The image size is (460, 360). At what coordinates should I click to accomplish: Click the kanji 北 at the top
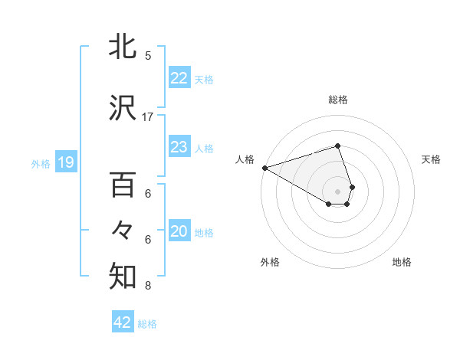(x=123, y=47)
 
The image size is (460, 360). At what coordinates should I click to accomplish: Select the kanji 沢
(x=123, y=109)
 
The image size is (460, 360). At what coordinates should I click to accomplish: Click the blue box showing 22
(x=179, y=78)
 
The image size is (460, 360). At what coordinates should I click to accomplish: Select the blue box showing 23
(x=179, y=147)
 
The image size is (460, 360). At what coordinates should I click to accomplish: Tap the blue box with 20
(x=179, y=232)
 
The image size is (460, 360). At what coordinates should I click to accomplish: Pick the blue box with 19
(x=65, y=162)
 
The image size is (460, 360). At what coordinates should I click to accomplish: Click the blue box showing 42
(x=123, y=322)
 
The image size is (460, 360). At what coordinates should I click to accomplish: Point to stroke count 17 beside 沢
(x=148, y=116)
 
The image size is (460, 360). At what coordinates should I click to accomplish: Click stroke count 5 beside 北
(x=148, y=55)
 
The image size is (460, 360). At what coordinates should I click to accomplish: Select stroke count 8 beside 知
(x=148, y=286)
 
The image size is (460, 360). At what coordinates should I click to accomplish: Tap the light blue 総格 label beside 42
(x=147, y=324)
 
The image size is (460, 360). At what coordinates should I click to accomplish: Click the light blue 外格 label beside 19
(x=41, y=163)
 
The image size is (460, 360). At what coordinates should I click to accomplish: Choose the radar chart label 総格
(x=338, y=100)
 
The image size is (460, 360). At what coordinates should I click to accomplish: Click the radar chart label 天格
(x=431, y=159)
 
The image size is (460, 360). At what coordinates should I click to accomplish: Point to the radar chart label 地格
(x=402, y=262)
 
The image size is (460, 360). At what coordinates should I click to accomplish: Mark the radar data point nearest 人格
(x=264, y=167)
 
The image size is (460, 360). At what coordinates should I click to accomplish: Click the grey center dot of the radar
(x=338, y=190)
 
